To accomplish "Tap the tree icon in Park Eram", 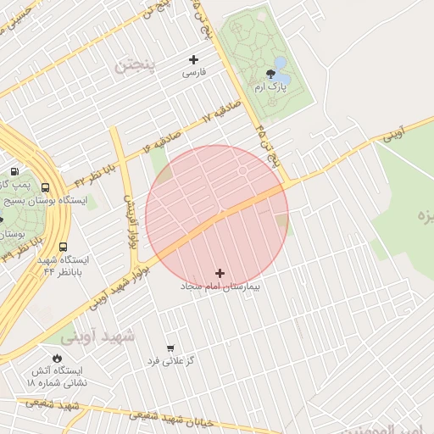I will click(270, 74).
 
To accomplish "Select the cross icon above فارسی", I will click(194, 59).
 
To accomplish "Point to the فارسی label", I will click(194, 73).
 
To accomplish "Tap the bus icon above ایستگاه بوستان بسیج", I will click(45, 188).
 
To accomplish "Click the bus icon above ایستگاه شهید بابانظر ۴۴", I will click(63, 247).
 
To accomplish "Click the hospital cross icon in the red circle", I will click(220, 273).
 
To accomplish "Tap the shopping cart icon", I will click(170, 348).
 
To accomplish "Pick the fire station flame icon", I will click(57, 358).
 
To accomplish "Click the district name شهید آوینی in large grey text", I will click(114, 336).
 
